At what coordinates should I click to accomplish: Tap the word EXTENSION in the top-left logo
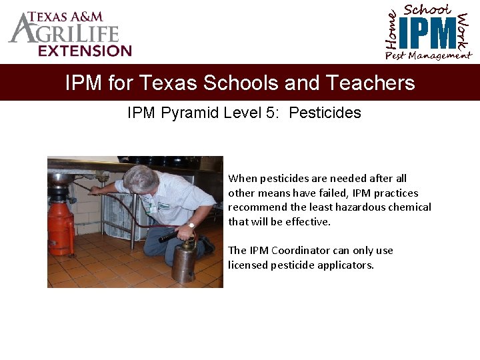85,51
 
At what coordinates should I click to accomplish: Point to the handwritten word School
428,9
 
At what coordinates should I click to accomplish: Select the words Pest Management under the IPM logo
428,56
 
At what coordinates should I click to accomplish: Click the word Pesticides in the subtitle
325,113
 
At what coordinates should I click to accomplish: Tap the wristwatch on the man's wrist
191,225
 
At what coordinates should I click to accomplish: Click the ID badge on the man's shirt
153,208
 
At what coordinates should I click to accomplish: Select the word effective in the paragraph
307,222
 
